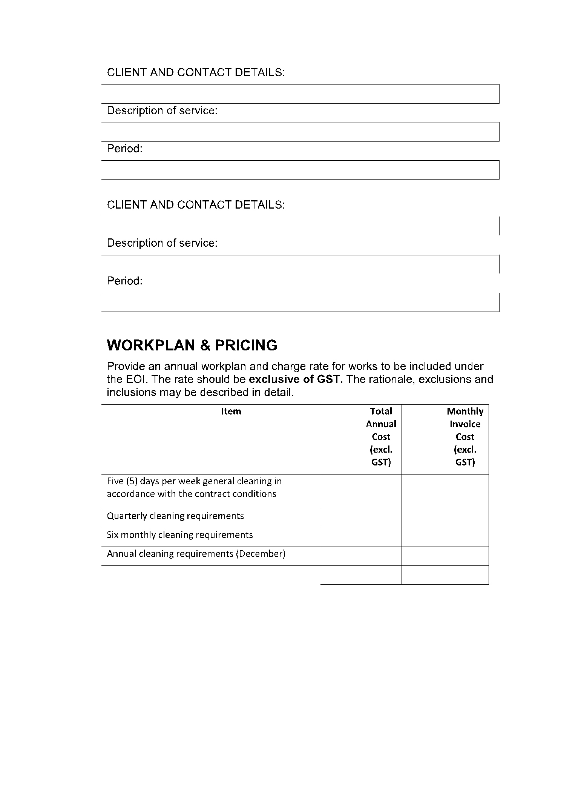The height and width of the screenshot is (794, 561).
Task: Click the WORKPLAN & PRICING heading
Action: click(192, 346)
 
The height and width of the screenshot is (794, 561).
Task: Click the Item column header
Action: click(231, 412)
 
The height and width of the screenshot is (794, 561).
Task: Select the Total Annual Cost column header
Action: click(381, 436)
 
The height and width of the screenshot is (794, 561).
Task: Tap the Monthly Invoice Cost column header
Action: click(464, 436)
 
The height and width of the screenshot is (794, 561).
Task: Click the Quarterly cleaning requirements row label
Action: click(175, 516)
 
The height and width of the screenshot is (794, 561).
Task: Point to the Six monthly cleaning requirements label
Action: click(180, 535)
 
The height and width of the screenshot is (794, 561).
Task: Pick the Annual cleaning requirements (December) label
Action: click(196, 554)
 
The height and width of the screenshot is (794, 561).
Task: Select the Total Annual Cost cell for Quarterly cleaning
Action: click(361, 518)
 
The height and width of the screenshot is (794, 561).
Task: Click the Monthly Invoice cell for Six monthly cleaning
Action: click(445, 537)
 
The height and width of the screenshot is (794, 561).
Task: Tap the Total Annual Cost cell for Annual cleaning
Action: click(361, 556)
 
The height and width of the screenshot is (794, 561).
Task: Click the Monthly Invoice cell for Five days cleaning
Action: click(445, 491)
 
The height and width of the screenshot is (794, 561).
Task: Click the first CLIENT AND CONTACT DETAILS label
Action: click(196, 72)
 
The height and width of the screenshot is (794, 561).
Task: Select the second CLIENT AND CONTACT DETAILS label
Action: click(196, 205)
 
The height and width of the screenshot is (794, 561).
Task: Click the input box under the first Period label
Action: click(300, 170)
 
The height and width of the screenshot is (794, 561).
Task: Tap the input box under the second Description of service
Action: click(300, 264)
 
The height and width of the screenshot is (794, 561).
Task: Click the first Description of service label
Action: click(162, 111)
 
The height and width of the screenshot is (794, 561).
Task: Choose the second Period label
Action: click(124, 281)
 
